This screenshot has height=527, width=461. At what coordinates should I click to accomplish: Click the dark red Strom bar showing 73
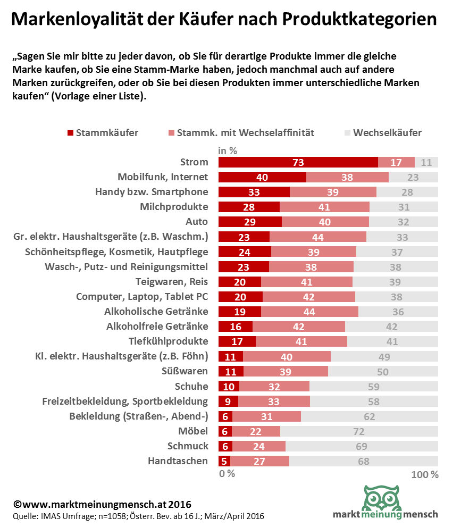[298, 162]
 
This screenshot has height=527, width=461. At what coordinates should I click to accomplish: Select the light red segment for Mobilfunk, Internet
[347, 177]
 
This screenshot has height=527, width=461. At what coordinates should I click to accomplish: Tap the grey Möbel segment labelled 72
[359, 431]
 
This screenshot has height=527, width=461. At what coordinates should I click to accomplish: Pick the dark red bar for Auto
[250, 221]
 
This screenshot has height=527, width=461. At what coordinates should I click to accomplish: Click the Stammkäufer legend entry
[103, 133]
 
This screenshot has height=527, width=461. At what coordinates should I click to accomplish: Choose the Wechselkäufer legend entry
[383, 133]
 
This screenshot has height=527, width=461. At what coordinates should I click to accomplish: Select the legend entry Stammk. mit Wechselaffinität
[241, 133]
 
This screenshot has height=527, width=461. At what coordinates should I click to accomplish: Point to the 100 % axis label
[425, 474]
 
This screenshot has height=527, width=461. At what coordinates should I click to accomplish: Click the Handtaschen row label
[178, 461]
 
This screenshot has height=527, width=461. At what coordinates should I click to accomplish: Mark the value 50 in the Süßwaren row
[383, 372]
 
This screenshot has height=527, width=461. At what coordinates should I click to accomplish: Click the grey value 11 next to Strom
[426, 163]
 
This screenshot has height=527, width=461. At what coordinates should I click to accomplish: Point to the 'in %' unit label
[228, 150]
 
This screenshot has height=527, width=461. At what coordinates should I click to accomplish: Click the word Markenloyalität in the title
[74, 20]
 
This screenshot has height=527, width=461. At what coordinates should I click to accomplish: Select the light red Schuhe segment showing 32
[274, 387]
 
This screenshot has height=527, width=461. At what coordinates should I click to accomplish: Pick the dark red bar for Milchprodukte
[249, 207]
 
